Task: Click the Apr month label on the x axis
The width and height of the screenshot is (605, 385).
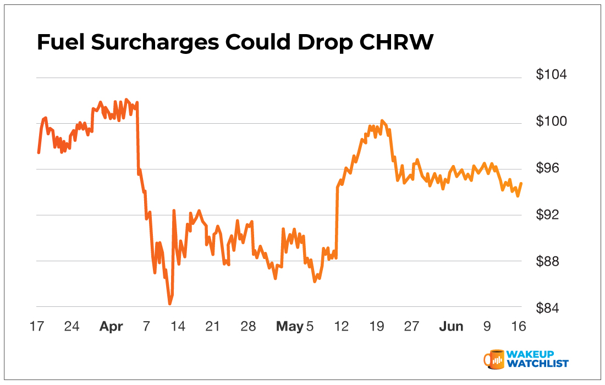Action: coord(111,327)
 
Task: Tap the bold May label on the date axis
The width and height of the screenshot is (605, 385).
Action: coord(289,327)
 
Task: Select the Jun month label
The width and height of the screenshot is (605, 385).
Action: coord(451,327)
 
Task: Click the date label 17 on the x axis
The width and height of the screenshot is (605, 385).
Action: coord(37,327)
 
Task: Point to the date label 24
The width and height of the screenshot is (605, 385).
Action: coord(71,327)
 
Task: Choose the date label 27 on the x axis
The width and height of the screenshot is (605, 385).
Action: coord(411,327)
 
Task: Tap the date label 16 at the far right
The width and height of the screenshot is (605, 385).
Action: coord(519,327)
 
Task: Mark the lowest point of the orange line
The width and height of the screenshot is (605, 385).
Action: coord(170,303)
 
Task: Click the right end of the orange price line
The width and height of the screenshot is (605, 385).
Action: coord(521,184)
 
